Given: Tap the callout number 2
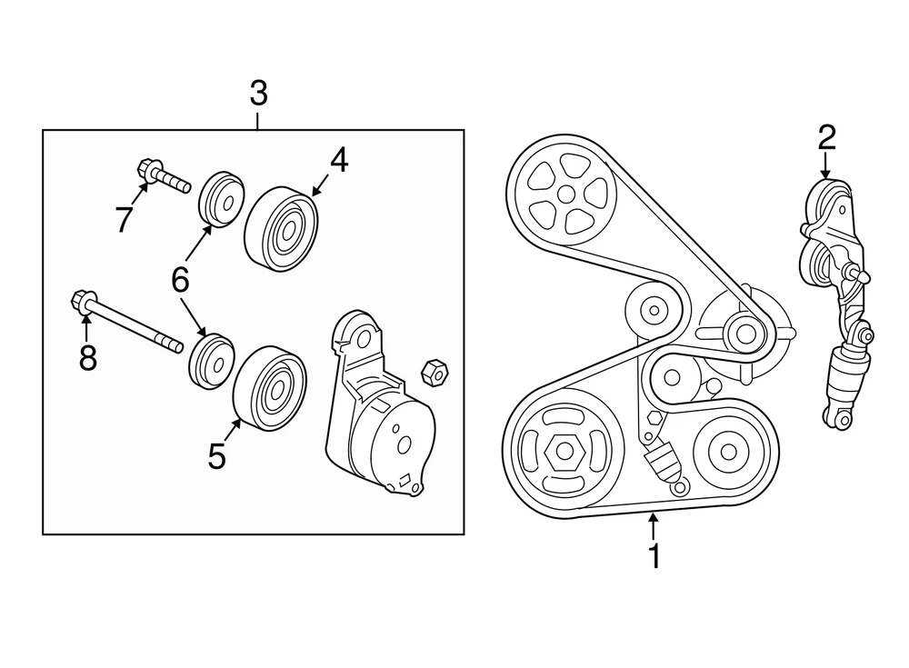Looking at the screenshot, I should [x=825, y=138].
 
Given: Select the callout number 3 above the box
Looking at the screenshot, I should [x=258, y=94].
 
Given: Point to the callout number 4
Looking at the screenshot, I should [x=338, y=161].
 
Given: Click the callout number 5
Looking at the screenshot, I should [x=216, y=455].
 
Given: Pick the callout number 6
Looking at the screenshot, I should [x=180, y=281].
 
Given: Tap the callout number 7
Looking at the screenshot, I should [x=125, y=218].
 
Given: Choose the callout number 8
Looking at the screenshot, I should [x=87, y=358].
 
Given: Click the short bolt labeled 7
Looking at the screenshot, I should [x=163, y=176].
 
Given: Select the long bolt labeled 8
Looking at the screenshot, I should [x=127, y=322].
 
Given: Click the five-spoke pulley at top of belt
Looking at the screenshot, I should [x=564, y=194].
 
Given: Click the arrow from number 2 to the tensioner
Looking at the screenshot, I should [x=825, y=167].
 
